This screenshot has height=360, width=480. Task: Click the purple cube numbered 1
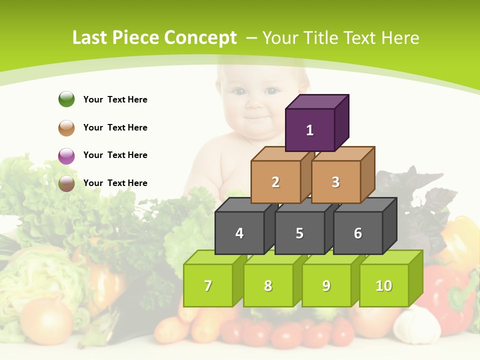tap(310, 130)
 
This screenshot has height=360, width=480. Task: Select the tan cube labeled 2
tap(275, 182)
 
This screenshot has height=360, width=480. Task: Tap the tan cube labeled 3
tap(335, 182)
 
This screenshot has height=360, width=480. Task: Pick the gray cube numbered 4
tap(239, 233)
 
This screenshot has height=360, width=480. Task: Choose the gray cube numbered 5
tap(299, 233)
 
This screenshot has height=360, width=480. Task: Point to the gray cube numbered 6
tap(358, 233)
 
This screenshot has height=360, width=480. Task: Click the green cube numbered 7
tap(208, 285)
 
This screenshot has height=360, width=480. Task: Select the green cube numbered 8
tap(268, 285)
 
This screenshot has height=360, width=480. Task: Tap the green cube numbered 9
tap(326, 285)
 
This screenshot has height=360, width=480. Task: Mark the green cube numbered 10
tap(383, 285)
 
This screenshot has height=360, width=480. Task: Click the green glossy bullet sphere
tap(66, 99)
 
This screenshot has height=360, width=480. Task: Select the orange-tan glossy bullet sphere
tap(66, 127)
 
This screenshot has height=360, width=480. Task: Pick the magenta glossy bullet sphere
tap(66, 155)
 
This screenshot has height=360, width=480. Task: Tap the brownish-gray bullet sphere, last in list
tap(66, 183)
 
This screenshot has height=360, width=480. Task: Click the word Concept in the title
tap(200, 38)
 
